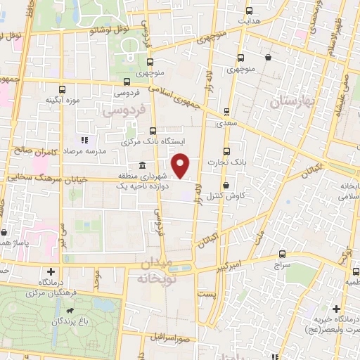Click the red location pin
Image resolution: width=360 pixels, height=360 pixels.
click(181, 165)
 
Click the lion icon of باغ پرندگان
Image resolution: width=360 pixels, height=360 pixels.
click(70, 310)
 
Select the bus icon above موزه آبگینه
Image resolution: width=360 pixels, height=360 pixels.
click(62, 89)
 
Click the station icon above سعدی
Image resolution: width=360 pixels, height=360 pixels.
click(226, 112)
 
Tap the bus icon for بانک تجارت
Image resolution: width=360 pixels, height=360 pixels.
click(226, 150)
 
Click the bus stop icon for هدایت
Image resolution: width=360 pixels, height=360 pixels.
click(250, 11)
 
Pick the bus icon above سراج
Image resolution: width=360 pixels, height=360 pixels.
click(282, 254)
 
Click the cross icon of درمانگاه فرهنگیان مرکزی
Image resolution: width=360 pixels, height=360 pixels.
click(51, 271)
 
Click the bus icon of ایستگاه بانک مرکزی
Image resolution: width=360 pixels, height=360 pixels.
click(154, 131)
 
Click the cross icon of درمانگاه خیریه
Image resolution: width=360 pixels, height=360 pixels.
click(337, 309)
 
